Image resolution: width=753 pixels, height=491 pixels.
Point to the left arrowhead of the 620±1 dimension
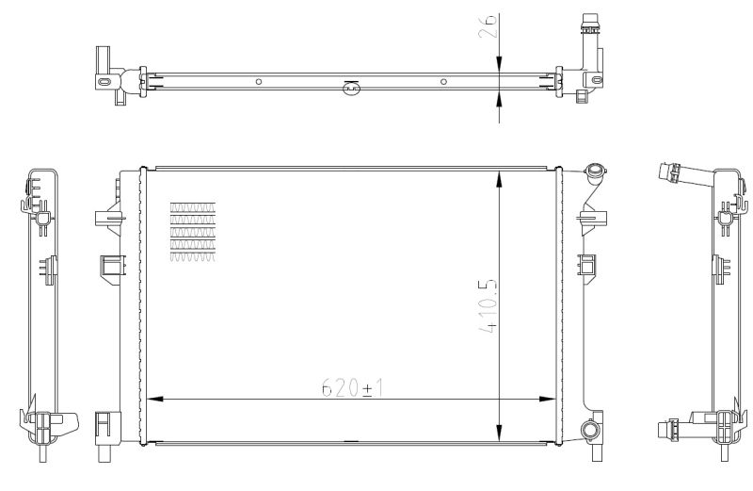[x=151, y=398]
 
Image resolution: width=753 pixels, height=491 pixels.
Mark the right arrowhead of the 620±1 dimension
[x=552, y=398]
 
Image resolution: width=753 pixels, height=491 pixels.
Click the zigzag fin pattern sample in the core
[x=192, y=231]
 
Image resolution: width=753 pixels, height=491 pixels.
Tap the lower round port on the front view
[x=590, y=431]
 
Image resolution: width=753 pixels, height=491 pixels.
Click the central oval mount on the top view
[x=350, y=89]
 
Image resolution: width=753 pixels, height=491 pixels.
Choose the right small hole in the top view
[x=442, y=82]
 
